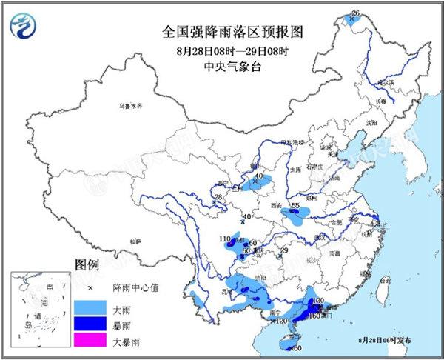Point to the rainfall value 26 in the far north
355,13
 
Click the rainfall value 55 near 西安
295,205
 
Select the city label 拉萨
134,241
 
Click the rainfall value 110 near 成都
226,239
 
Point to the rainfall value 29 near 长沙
282,252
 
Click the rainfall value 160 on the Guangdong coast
314,316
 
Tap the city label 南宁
277,313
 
